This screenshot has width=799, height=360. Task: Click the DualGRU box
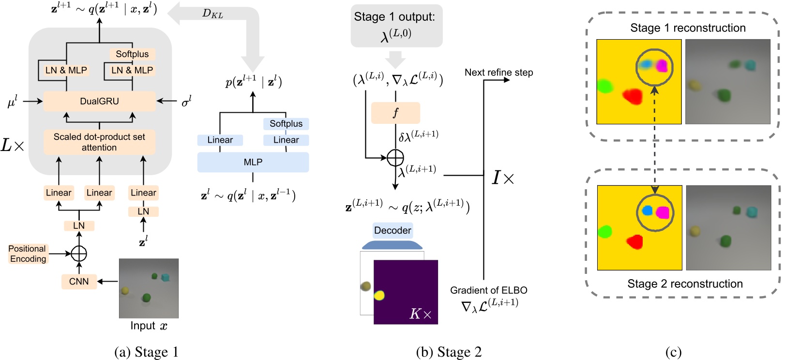point(99,101)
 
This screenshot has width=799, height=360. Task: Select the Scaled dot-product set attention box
point(99,142)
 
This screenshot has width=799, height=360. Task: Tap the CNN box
point(79,281)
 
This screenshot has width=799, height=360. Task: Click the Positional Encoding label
point(28,254)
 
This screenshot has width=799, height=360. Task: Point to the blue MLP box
point(253,162)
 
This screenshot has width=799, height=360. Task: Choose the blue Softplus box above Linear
point(286,124)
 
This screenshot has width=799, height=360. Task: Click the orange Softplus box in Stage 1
point(132,54)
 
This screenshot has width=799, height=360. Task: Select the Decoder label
point(392,230)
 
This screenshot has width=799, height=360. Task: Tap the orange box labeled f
point(395,113)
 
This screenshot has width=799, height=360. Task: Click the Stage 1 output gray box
point(396,26)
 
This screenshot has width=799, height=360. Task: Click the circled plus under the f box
point(395,157)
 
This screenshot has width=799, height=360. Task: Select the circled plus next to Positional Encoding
point(79,253)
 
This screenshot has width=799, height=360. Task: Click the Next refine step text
point(498,73)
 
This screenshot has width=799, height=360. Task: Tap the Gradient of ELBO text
point(488,290)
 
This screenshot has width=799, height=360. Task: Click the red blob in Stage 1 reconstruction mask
point(632,97)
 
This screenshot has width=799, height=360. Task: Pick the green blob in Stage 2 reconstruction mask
point(605,232)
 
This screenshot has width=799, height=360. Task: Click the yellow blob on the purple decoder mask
point(379,295)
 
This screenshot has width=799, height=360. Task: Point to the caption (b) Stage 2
point(449,352)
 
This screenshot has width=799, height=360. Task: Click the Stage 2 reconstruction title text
point(685,284)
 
